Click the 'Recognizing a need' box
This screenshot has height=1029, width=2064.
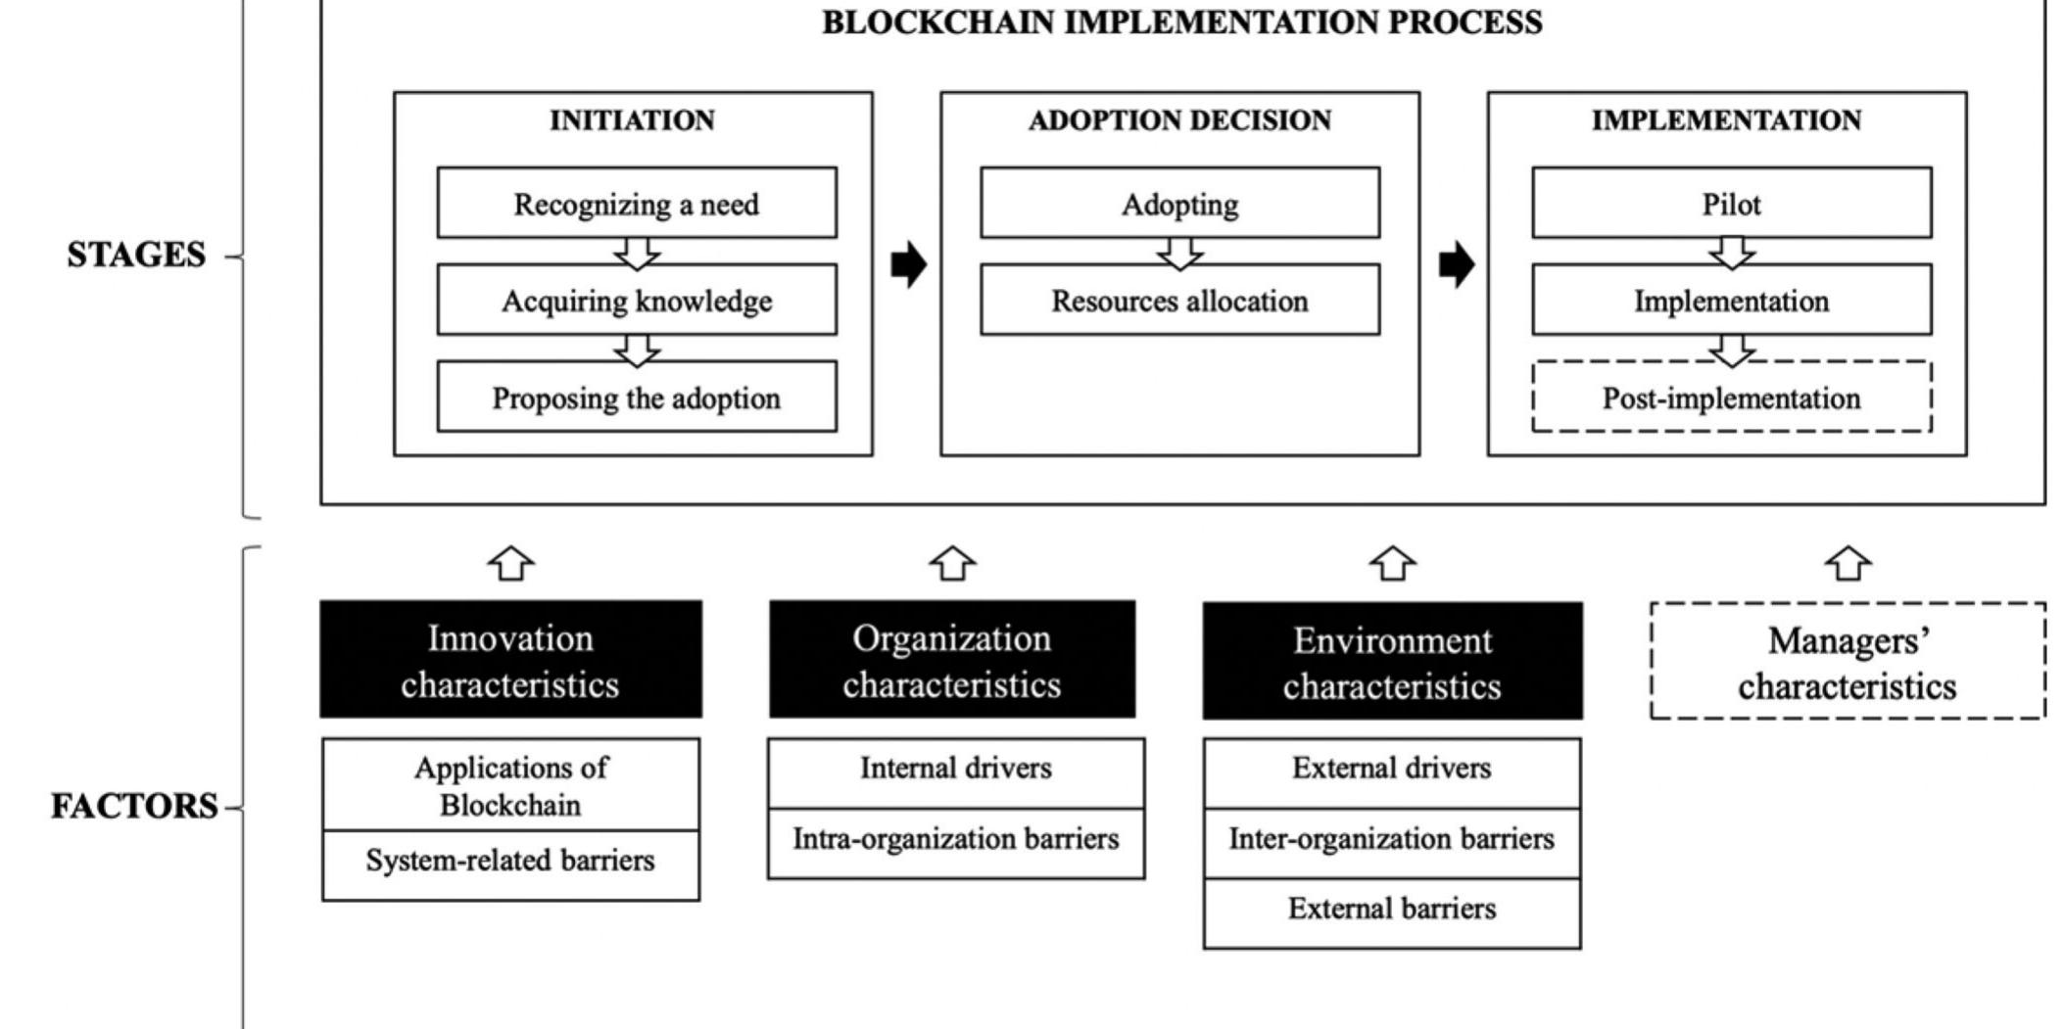coord(637,203)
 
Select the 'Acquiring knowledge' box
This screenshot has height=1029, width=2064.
coord(637,300)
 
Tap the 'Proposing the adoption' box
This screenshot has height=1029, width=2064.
coord(637,397)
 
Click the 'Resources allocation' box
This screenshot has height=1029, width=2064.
coord(1179,300)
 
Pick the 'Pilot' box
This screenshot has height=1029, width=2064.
coord(1731,203)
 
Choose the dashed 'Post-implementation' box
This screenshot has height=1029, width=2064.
coord(1731,397)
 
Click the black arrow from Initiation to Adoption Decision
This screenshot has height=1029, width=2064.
coord(908,264)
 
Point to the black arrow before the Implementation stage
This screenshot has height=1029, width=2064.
coord(1456,264)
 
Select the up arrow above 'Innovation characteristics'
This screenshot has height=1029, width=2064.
coord(511,563)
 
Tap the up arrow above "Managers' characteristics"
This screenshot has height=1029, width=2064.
coord(1848,563)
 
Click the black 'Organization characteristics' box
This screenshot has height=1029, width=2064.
coord(951,660)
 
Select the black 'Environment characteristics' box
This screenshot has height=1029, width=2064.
coord(1392,662)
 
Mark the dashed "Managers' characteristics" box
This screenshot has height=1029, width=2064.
coord(1848,662)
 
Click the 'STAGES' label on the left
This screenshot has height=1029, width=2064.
coord(136,256)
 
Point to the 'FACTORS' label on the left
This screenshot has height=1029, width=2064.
coord(134,807)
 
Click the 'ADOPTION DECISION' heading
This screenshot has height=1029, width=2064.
coord(1179,120)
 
